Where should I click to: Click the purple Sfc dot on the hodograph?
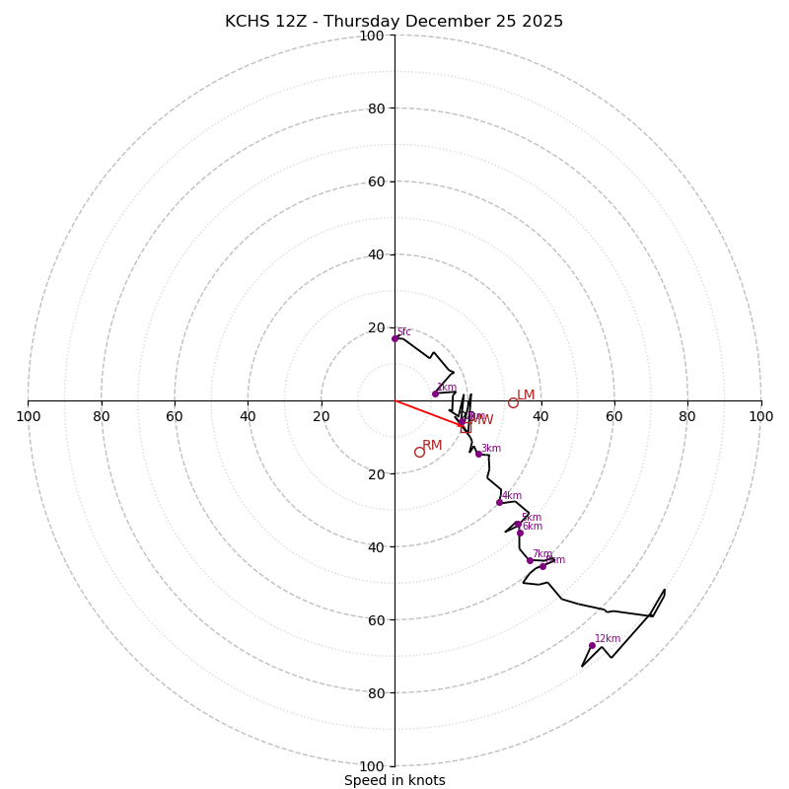click(x=394, y=338)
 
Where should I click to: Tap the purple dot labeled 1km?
click(x=435, y=394)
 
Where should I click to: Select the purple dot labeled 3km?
click(x=478, y=454)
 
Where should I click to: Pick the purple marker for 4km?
click(x=499, y=502)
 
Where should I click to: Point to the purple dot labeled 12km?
click(x=592, y=645)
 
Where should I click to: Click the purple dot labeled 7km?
click(x=530, y=560)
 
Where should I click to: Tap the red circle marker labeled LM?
click(x=513, y=402)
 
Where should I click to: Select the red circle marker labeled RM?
click(x=419, y=452)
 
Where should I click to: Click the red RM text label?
click(x=432, y=446)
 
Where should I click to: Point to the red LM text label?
click(x=526, y=395)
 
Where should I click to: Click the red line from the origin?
click(x=424, y=411)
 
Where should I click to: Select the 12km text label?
click(x=608, y=639)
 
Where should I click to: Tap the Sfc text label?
click(x=404, y=332)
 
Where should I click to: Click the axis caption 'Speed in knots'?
click(x=394, y=780)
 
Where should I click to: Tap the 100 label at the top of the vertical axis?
click(x=372, y=36)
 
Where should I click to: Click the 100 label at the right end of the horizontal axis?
click(x=760, y=416)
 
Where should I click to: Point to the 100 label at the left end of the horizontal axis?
click(x=29, y=416)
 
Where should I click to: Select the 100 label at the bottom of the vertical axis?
click(x=372, y=766)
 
